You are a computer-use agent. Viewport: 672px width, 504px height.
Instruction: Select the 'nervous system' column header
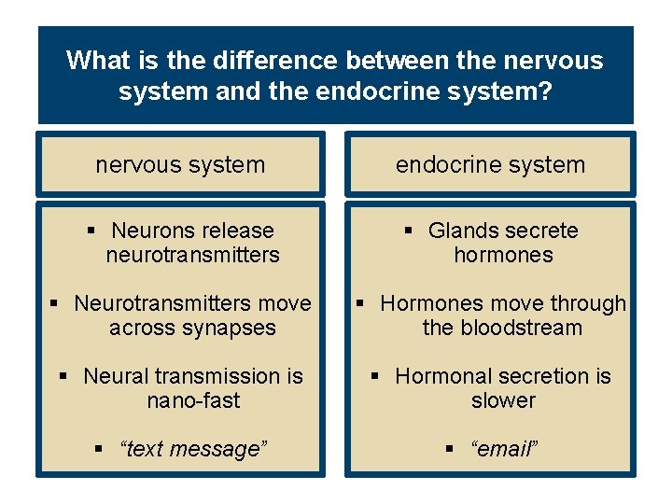[x=180, y=165]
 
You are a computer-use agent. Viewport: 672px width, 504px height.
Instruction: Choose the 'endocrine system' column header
[x=490, y=165]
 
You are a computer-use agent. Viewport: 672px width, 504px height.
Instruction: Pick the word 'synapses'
[x=231, y=328]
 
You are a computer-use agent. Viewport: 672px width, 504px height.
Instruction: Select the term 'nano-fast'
[x=193, y=400]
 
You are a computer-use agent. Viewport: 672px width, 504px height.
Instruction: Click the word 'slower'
[x=503, y=400]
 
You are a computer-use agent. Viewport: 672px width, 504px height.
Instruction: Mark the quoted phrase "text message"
[x=193, y=449]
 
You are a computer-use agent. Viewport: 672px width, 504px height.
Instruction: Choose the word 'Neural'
[x=117, y=376]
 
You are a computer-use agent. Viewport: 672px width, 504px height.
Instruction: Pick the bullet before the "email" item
[x=449, y=449]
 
